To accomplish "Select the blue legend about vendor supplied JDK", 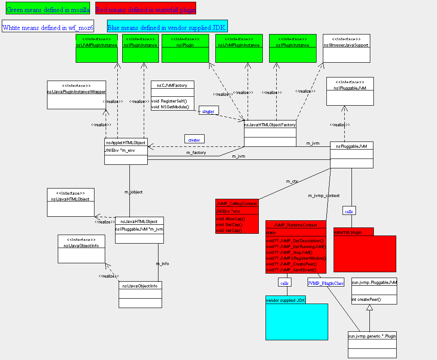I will click(167, 27).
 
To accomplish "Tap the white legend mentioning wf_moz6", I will click(48, 27).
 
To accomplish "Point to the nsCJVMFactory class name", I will click(172, 85).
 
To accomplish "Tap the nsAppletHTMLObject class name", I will click(126, 142).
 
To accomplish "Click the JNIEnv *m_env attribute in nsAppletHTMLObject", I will click(120, 150).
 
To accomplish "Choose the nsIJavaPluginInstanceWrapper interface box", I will click(77, 94).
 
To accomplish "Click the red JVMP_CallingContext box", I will click(237, 216).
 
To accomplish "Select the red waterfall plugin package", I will click(364, 251).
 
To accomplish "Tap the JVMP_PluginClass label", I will click(326, 283).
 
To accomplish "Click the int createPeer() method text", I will click(366, 299).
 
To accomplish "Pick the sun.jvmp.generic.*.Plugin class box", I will click(372, 345).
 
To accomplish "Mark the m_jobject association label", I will click(133, 192).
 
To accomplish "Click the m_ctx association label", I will click(292, 181).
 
